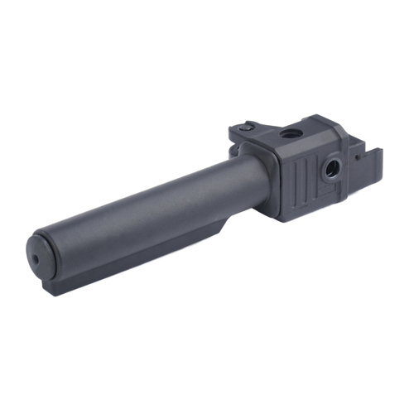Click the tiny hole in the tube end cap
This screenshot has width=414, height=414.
[x=36, y=258]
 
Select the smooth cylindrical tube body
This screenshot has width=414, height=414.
[x=141, y=215]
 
